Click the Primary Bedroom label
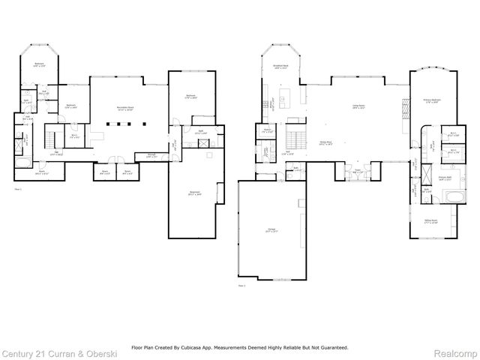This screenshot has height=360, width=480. (431, 101)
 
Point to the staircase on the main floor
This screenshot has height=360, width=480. (296, 138)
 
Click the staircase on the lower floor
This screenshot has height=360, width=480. (53, 138)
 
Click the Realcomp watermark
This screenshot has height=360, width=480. (455, 352)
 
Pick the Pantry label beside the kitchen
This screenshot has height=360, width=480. (267, 132)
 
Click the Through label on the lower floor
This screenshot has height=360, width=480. (151, 157)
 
